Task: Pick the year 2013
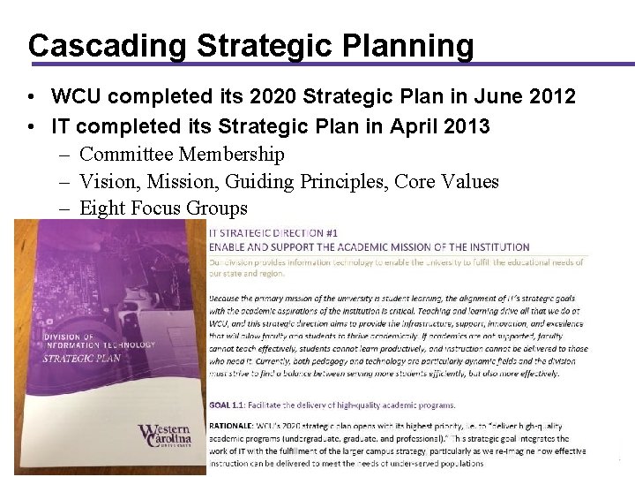(463, 126)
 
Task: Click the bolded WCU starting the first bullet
(76, 95)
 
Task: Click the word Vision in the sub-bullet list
(105, 182)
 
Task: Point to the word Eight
(104, 208)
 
